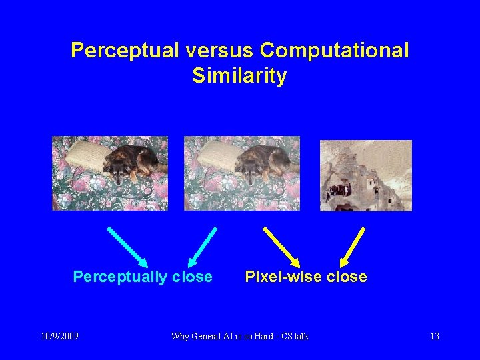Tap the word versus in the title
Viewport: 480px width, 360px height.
(217, 51)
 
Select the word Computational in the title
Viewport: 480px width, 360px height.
(334, 51)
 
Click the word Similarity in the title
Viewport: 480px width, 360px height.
(239, 76)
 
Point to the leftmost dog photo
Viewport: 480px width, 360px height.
(110, 173)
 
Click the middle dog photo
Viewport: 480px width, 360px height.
(242, 173)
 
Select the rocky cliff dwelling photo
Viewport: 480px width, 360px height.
(365, 175)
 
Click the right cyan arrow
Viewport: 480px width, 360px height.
(202, 246)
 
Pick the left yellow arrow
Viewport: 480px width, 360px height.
(281, 246)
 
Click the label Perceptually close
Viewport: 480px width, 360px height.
(143, 277)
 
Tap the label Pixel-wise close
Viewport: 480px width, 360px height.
(306, 277)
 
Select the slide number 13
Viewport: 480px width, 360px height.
(434, 336)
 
